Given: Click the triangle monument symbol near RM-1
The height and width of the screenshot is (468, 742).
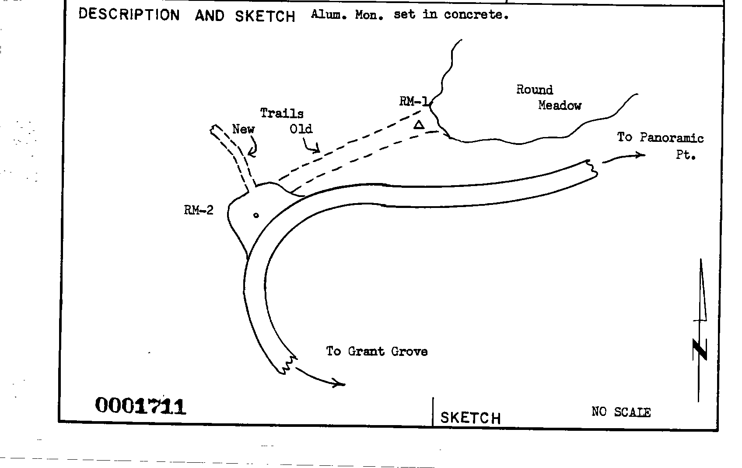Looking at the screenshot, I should coord(419,126).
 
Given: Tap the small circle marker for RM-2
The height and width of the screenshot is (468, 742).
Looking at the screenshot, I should coord(256,215).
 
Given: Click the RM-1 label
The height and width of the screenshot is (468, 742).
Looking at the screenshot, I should coord(413,102).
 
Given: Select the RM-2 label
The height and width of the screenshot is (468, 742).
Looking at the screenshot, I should coord(199,211).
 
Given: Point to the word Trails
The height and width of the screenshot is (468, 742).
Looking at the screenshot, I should coord(282,113).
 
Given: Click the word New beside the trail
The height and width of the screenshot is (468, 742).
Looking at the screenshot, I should coord(243,129).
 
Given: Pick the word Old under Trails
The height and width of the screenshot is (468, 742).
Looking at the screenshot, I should coord(301,129).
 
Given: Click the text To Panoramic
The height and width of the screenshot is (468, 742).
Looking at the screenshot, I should coord(660,138).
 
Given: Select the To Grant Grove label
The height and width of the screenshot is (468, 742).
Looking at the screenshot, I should coord(377,352).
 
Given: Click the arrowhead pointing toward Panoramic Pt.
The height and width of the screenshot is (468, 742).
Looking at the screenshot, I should coord(641,155).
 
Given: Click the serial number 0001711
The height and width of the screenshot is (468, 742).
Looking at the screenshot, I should coord(140,406).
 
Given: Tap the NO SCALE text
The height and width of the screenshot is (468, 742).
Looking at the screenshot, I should coord(621,412).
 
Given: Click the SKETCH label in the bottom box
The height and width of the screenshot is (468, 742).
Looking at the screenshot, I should coord(470,418).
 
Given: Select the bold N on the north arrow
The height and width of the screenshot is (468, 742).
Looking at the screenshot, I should coord(700,350).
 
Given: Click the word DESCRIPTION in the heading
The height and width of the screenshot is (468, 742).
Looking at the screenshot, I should coord(129,14).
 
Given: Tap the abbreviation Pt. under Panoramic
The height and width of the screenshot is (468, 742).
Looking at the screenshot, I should coord(686,155).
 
